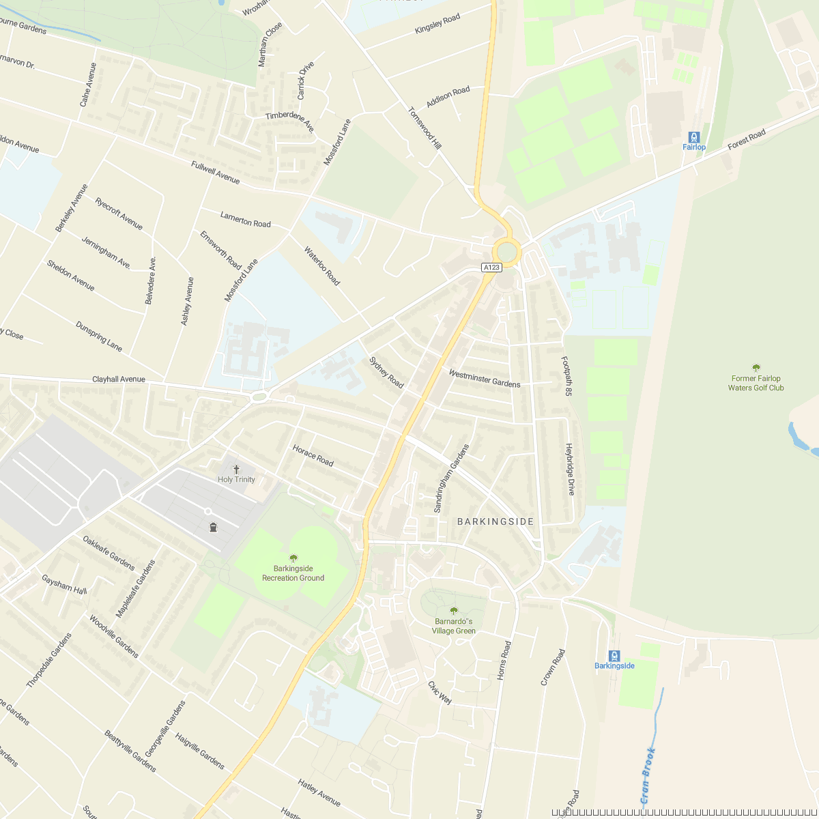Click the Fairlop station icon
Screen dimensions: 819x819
tap(694, 136)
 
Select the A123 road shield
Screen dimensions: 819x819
tap(491, 268)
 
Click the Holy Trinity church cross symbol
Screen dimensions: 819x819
tap(236, 470)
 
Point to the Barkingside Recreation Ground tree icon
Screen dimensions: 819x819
tap(293, 558)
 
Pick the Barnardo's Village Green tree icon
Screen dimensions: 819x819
tap(454, 611)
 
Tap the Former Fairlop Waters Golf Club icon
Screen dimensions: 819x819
tap(756, 368)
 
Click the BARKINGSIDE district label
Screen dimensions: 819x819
tap(495, 521)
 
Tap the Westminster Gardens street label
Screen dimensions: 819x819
tap(485, 378)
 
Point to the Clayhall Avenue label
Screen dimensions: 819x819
tap(119, 379)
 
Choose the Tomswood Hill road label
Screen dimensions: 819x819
tap(425, 128)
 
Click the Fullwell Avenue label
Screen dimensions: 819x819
tap(216, 173)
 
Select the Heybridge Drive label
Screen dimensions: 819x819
tap(571, 469)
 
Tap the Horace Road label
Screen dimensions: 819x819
tap(313, 455)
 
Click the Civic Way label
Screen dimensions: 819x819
tap(440, 692)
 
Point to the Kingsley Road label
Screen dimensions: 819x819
tap(437, 24)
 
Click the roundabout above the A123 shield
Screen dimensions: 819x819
tap(507, 252)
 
